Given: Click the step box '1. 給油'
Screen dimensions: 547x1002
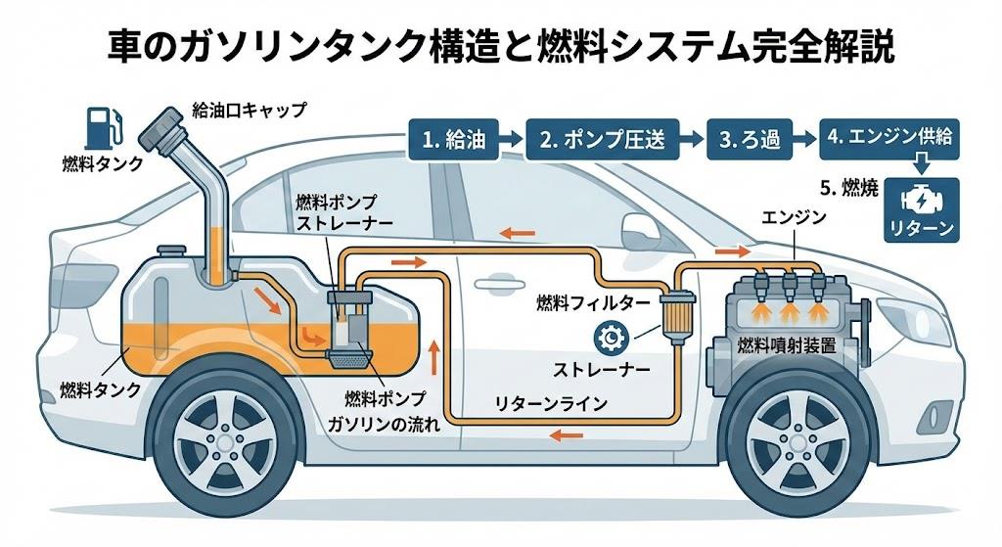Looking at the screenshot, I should tap(457, 139).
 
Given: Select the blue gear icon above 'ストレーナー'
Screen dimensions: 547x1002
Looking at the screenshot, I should tap(609, 339).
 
